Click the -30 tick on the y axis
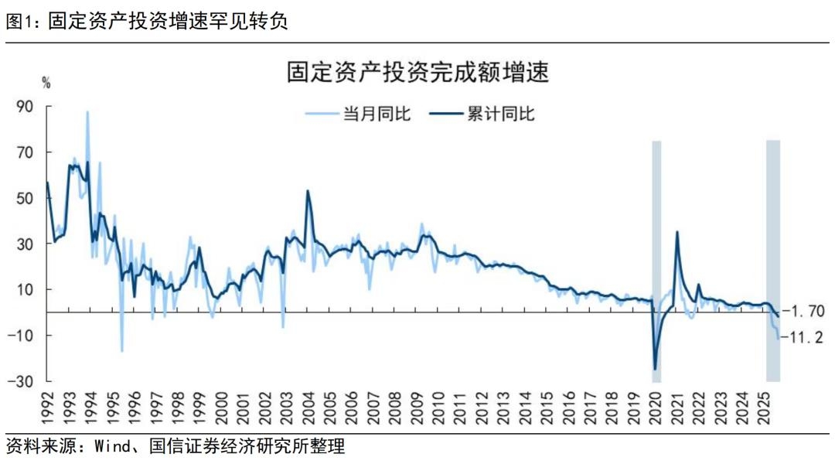(x=22, y=381)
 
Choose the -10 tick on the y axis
(x=22, y=335)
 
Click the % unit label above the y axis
(x=46, y=84)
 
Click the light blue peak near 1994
(x=87, y=112)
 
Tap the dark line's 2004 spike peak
(x=308, y=190)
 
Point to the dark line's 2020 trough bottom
(x=656, y=369)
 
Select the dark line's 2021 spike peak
(x=677, y=232)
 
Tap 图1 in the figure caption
(x=21, y=22)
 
